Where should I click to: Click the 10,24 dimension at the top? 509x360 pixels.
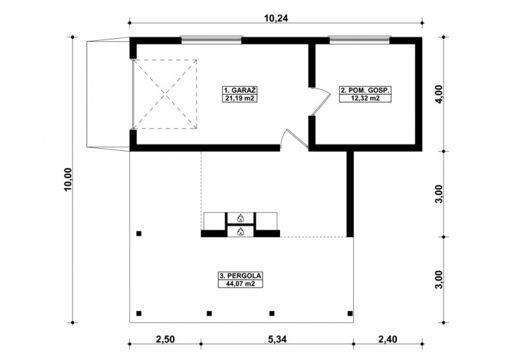[x=275, y=18]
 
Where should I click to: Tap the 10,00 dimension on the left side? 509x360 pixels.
[x=68, y=180]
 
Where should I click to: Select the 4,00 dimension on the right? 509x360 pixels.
[x=439, y=94]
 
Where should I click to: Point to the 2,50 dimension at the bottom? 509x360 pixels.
[x=165, y=339]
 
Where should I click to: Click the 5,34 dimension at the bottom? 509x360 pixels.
[x=278, y=339]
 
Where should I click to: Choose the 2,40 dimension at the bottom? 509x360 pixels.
[x=387, y=339]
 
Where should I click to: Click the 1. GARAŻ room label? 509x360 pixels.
[x=240, y=90]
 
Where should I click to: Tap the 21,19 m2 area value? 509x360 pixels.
[x=240, y=98]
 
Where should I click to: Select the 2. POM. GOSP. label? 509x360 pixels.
[x=365, y=90]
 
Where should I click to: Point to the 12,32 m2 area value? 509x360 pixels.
[x=365, y=98]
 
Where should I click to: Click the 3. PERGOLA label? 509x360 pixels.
[x=241, y=276]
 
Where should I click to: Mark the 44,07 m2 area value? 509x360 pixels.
[x=241, y=284]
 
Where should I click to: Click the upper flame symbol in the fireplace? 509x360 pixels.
[x=241, y=218]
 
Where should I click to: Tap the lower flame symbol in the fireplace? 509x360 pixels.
[x=241, y=232]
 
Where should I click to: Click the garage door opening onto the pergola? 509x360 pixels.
[x=295, y=138]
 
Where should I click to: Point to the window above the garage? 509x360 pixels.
[x=211, y=39]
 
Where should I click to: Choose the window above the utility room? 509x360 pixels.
[x=359, y=39]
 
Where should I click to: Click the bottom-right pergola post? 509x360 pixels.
[x=350, y=314]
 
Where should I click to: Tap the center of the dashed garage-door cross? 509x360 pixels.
[x=165, y=94]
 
